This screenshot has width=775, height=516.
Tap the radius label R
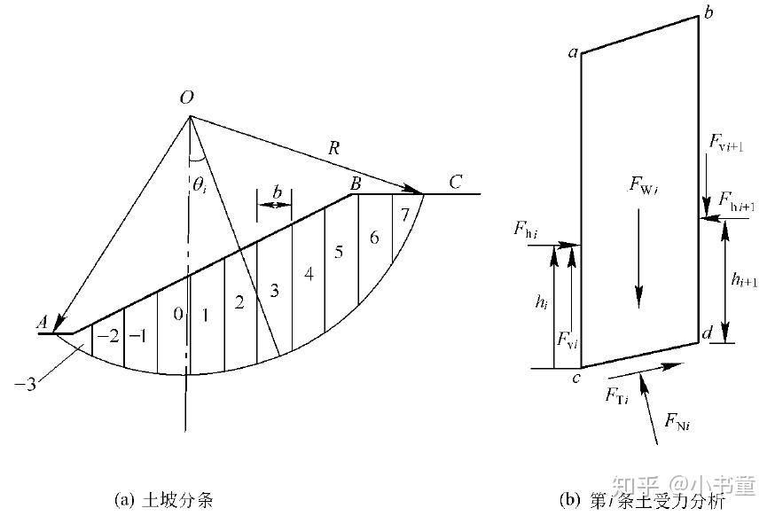point(333,149)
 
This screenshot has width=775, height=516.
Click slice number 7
point(404,215)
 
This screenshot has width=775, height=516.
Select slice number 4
point(309,275)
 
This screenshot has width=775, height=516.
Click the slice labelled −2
point(108,336)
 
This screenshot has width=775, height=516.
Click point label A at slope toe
point(41,324)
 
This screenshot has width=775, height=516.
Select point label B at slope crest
point(355,184)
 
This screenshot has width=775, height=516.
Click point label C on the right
point(455,184)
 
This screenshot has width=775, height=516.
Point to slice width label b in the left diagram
point(277,192)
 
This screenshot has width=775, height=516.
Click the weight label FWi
point(642,185)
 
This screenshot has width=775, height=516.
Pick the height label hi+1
point(743,280)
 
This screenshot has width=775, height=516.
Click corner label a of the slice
point(573,54)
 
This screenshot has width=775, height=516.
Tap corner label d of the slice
point(706,333)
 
